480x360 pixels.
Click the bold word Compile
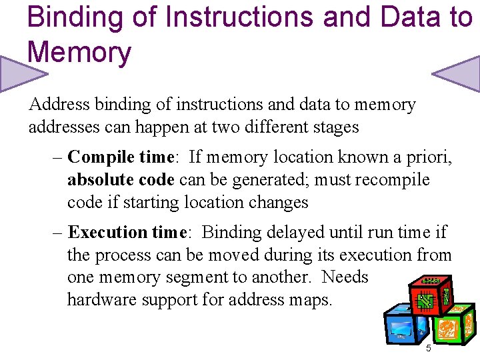point(99,157)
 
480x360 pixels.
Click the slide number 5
point(428,349)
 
